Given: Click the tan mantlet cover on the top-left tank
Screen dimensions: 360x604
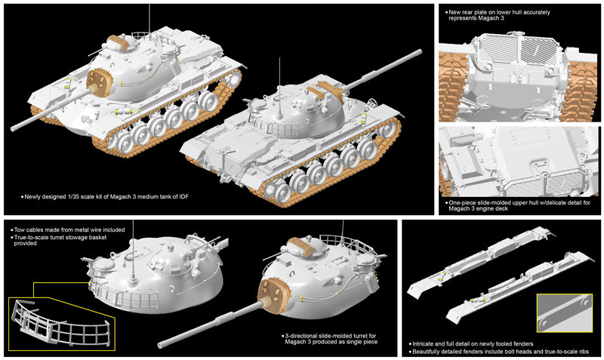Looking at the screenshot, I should coord(100,78).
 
